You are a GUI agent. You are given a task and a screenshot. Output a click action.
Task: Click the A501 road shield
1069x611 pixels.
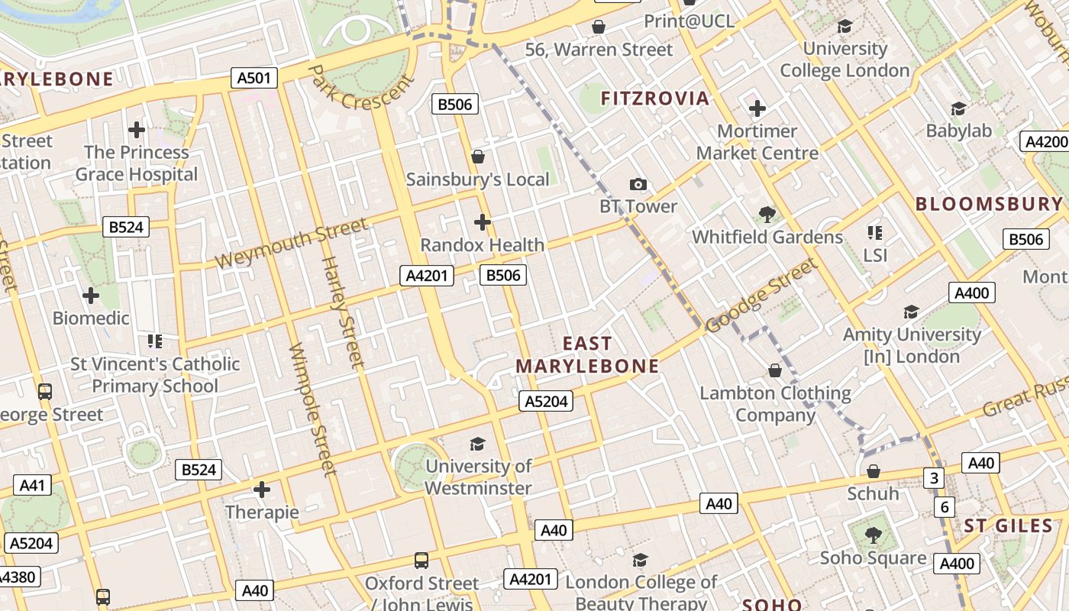(254, 77)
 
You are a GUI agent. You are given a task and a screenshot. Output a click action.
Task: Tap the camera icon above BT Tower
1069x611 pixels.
(638, 184)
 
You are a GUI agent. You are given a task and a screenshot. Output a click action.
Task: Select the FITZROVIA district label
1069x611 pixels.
(655, 98)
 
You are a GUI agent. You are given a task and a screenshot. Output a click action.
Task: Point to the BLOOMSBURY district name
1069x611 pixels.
(989, 204)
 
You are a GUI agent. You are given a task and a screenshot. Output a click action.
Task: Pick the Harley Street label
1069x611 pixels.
(341, 311)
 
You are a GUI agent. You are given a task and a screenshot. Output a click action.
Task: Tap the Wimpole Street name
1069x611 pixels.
(313, 409)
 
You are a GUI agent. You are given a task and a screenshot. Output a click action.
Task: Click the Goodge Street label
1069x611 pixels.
(761, 296)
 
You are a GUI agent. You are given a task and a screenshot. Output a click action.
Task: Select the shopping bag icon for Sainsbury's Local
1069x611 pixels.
(478, 157)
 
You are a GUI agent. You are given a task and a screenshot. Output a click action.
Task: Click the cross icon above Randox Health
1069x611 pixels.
(482, 222)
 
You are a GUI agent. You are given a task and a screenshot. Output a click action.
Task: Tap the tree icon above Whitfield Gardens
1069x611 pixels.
(767, 215)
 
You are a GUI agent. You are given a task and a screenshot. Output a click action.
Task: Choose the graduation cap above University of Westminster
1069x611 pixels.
(477, 444)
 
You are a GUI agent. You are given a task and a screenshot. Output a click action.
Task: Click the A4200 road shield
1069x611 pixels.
(1045, 141)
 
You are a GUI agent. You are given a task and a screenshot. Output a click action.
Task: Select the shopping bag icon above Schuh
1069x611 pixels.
(873, 470)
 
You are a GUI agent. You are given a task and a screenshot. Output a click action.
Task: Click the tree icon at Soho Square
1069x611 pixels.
(873, 535)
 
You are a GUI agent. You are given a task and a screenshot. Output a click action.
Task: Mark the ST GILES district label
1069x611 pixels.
(1008, 525)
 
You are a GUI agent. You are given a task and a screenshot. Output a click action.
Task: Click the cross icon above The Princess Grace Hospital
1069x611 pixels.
(137, 130)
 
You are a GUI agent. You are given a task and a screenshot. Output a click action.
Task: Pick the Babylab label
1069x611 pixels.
(958, 131)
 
